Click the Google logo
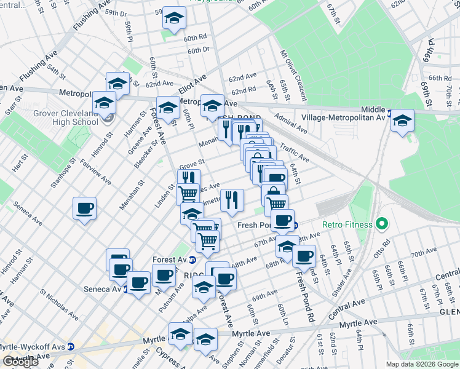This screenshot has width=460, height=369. pos(20,362)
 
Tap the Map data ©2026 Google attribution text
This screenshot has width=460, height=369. pos(422,364)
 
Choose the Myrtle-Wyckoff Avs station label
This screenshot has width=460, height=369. pos(31,346)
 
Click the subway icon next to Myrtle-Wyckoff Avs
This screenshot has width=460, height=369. pos(71,346)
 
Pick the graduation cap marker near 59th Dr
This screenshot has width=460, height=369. pos(174,18)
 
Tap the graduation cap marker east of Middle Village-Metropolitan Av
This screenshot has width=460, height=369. pos(403,121)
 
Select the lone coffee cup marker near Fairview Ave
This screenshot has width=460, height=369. pos(84,208)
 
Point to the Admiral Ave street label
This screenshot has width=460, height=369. pos(291,127)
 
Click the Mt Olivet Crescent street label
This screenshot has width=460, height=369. pos(293,68)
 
